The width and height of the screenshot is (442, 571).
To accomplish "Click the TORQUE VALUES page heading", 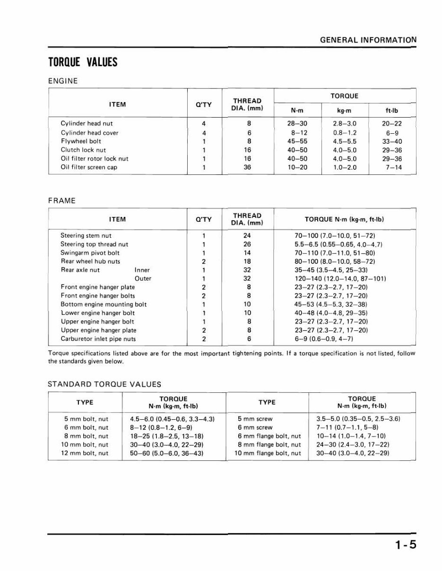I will coord(83,62).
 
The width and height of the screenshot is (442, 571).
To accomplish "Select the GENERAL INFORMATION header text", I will coord(368,40).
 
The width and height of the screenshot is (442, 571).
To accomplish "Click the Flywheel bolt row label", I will coord(81,141).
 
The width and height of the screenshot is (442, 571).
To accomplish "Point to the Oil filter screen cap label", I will coord(89,167).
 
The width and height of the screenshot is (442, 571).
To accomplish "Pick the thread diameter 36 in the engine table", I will coord(247,167).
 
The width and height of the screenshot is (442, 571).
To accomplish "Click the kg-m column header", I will coord(345,111).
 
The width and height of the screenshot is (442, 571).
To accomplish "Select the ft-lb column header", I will coord(392,111).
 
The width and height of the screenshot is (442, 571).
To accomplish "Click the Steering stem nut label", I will coord(86,235).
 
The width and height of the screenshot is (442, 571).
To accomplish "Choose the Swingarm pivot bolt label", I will coord(90,253).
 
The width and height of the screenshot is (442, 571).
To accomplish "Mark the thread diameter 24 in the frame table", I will coord(247,235).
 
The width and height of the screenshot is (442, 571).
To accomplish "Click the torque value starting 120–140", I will coord(340,278).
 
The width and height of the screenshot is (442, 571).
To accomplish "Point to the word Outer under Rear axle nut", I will coord(143,278).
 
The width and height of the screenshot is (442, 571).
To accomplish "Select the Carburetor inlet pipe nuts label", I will coord(98,339).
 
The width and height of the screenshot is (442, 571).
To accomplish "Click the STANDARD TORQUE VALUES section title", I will coord(104,384).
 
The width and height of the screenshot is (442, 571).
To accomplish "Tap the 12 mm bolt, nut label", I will coord(86,453).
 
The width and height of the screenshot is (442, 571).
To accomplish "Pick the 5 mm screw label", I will coord(255,419).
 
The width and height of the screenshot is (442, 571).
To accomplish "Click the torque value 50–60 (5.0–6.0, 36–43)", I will coord(166,453).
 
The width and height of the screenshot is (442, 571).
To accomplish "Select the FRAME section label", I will coord(62,201).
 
